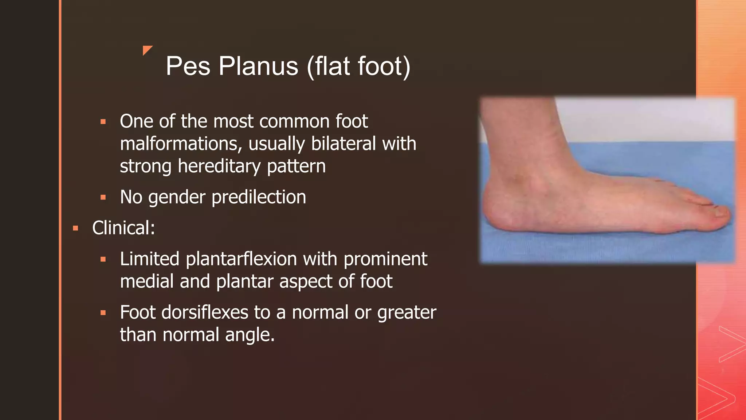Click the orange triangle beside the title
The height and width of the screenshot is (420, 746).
coord(147,50)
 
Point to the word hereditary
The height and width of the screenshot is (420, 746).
coord(219,166)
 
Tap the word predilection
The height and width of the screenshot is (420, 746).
coord(259,197)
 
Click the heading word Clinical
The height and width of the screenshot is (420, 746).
coord(123,228)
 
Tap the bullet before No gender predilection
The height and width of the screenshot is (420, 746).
coord(103,198)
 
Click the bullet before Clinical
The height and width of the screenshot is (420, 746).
coord(76,229)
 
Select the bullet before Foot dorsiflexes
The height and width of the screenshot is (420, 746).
coord(103,313)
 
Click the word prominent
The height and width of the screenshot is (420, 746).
coord(385,259)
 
